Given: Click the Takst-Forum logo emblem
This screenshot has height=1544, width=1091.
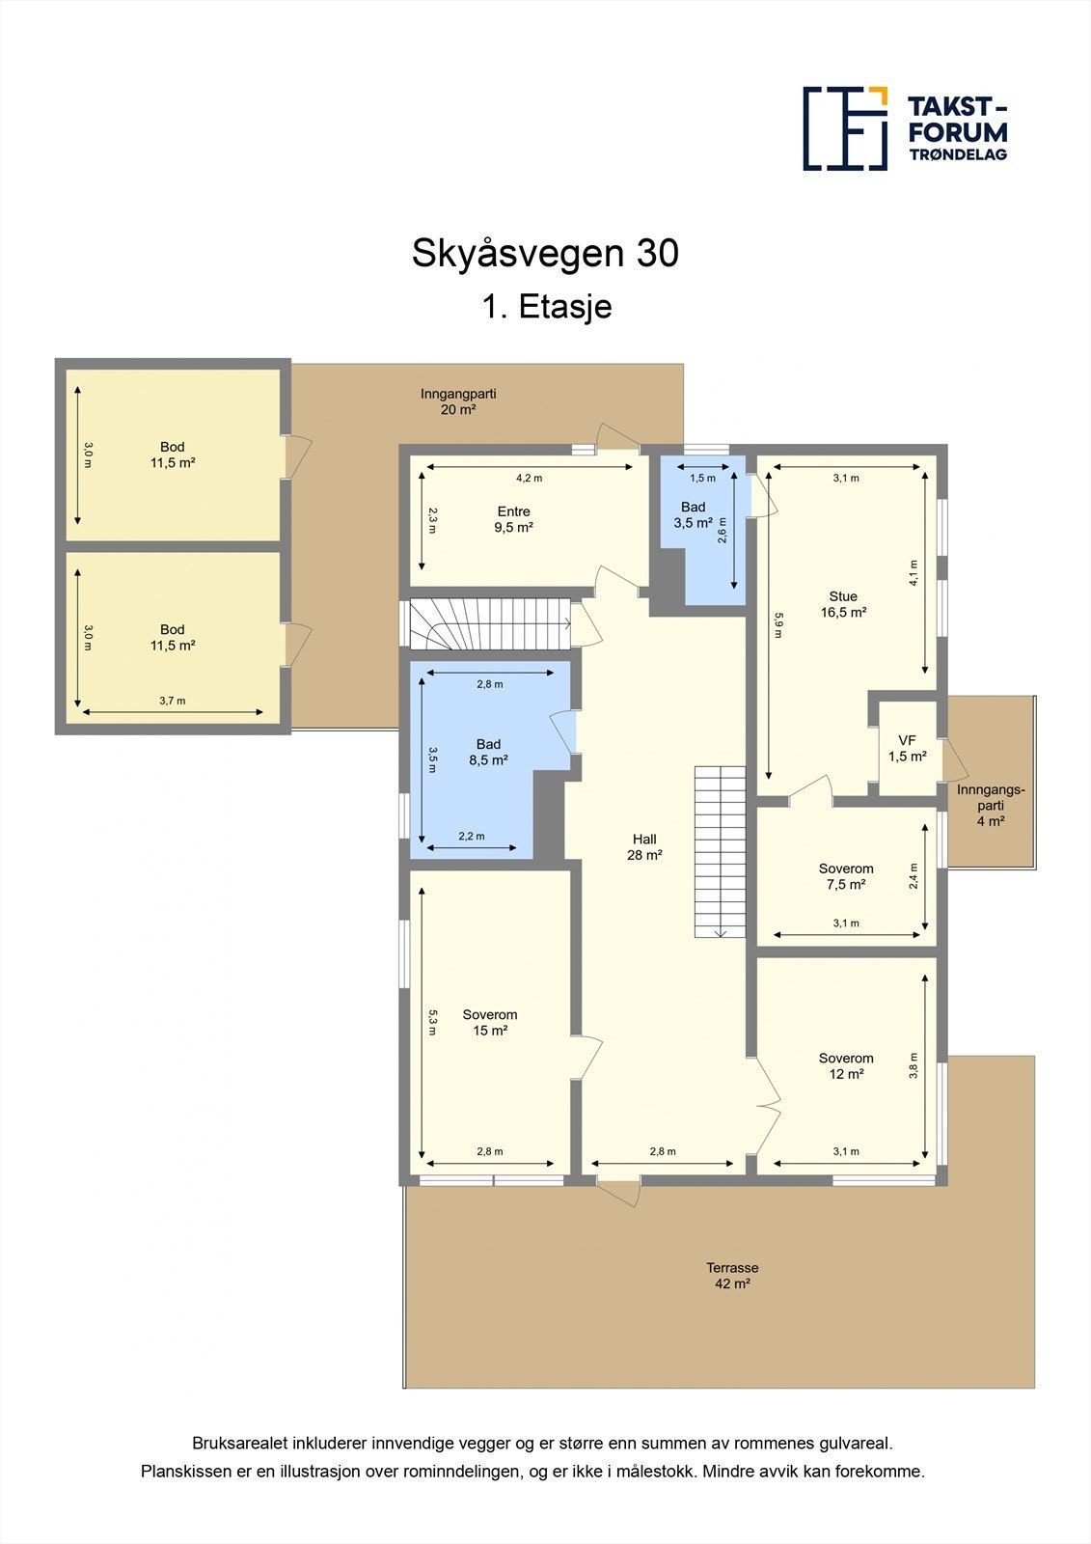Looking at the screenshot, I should click(845, 128).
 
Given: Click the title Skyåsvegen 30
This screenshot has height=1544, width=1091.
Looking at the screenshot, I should click(545, 253).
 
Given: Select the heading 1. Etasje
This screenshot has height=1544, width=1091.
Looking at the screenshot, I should click(547, 307).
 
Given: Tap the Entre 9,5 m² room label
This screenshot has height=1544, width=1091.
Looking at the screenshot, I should click(513, 519).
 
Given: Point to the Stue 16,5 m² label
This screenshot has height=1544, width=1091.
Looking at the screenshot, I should click(843, 604).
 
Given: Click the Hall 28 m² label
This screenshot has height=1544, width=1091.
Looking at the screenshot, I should click(644, 846).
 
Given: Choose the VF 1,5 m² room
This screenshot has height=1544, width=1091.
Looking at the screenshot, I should click(907, 749).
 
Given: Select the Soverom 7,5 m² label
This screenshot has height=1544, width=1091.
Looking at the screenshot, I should click(846, 876).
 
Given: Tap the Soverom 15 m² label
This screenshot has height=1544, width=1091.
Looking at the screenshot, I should click(490, 1022).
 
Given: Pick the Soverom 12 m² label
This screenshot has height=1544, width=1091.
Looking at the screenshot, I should click(846, 1065).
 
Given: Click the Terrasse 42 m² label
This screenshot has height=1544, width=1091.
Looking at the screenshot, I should click(732, 1276).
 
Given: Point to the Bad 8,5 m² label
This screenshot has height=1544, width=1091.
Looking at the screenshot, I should click(488, 752).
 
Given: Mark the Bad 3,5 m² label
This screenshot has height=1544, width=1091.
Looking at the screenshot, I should click(693, 514).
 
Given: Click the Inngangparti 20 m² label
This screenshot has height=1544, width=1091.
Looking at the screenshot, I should click(458, 401).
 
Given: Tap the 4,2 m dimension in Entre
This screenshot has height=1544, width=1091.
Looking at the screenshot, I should click(529, 478).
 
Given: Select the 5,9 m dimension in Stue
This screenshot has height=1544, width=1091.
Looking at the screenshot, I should click(777, 626).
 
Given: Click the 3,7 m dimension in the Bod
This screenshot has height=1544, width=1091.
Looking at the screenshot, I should click(172, 702).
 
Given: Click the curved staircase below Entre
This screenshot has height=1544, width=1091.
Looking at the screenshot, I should click(487, 624).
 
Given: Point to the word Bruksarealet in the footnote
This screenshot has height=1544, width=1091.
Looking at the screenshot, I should click(235, 1444).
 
